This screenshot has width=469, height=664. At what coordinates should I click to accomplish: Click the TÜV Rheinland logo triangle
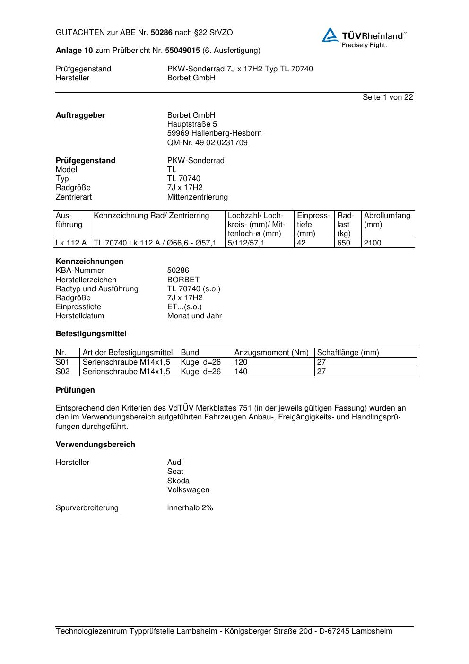tap(330, 35)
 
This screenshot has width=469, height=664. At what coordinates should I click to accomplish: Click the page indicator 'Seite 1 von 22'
tap(388, 97)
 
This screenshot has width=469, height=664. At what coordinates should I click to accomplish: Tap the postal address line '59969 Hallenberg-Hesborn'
tap(214, 133)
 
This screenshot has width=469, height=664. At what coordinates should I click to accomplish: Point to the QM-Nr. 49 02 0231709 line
tap(207, 142)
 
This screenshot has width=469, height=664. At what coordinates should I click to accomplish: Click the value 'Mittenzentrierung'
tap(197, 197)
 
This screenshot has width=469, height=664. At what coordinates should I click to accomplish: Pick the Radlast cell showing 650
tap(344, 243)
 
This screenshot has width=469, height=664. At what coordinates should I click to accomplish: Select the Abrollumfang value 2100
tap(373, 243)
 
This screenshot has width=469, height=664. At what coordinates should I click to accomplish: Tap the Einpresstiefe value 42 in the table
tap(302, 243)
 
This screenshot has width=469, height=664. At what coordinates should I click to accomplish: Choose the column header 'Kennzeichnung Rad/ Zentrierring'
tap(151, 216)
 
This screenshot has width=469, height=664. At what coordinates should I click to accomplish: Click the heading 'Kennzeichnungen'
tap(89, 261)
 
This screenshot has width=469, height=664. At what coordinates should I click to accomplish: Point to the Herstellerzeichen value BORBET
tap(183, 280)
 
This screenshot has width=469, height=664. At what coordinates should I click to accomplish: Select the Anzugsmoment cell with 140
tap(241, 371)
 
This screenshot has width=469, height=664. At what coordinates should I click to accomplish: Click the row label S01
tap(62, 362)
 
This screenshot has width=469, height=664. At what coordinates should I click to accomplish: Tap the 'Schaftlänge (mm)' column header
tap(348, 352)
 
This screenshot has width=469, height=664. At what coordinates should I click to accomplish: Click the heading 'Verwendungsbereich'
tap(95, 444)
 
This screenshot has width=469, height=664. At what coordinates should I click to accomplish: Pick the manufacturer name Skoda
tap(178, 481)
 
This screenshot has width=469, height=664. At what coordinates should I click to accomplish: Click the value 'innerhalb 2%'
tap(190, 507)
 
